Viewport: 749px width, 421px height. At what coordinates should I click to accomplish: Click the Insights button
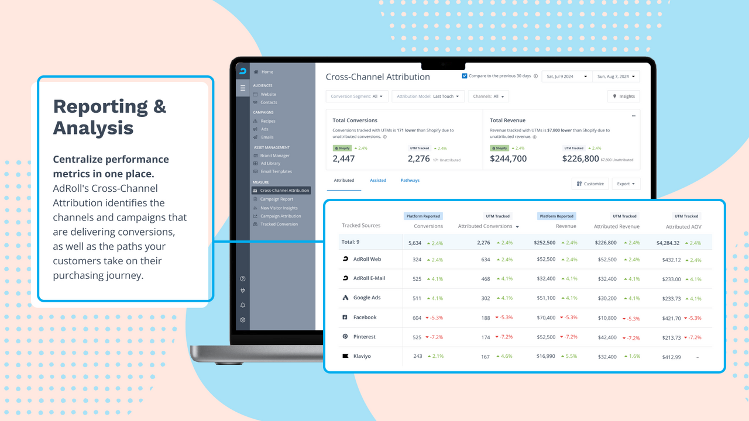point(624,96)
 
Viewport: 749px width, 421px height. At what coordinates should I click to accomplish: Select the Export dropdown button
point(626,184)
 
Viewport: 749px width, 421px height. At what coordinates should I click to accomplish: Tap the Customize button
point(590,184)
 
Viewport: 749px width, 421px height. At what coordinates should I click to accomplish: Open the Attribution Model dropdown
point(428,96)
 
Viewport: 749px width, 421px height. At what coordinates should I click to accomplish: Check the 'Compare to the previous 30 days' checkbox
point(465,76)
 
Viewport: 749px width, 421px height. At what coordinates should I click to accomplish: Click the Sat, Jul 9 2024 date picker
point(566,77)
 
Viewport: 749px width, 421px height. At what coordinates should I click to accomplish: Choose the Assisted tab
point(378,180)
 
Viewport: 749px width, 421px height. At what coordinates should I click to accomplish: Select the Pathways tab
point(410,180)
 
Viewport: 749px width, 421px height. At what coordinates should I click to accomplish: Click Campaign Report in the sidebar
point(276,199)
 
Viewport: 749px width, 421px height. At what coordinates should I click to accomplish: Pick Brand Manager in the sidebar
point(274,156)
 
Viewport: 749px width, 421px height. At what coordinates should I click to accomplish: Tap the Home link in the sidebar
point(267,72)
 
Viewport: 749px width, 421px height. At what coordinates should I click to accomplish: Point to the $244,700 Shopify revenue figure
point(508,158)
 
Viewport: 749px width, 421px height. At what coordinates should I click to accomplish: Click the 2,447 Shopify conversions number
point(343,158)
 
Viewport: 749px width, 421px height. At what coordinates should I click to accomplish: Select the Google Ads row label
point(366,298)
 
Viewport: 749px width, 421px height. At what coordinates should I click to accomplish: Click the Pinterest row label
point(364,337)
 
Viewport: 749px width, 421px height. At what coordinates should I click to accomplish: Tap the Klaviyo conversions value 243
point(417,356)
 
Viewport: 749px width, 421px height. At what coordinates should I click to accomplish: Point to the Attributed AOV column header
point(683,226)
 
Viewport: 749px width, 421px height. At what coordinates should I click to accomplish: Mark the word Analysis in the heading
point(93,127)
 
